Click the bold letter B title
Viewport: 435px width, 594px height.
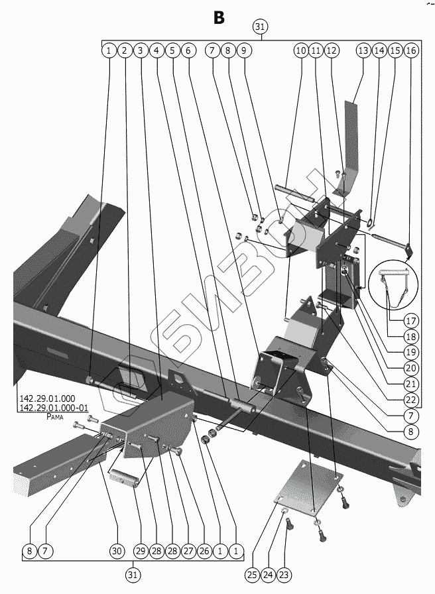click(x=219, y=17)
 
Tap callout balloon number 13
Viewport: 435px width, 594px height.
click(x=363, y=50)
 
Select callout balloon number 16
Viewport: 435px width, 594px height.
click(x=410, y=50)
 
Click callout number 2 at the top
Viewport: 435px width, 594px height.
click(x=124, y=50)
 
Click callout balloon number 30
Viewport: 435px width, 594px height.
click(x=117, y=551)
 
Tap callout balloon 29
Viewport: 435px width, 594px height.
click(x=139, y=551)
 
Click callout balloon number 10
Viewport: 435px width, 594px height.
click(x=300, y=50)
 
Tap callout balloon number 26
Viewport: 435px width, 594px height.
click(x=203, y=551)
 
